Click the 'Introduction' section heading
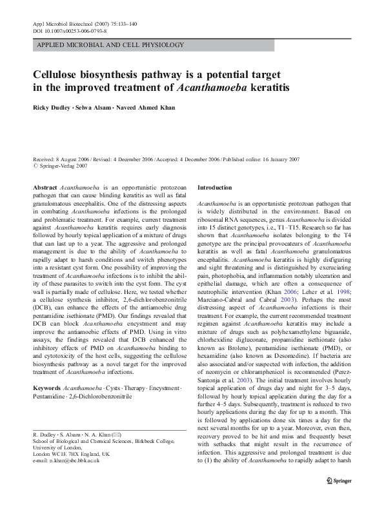214,187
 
